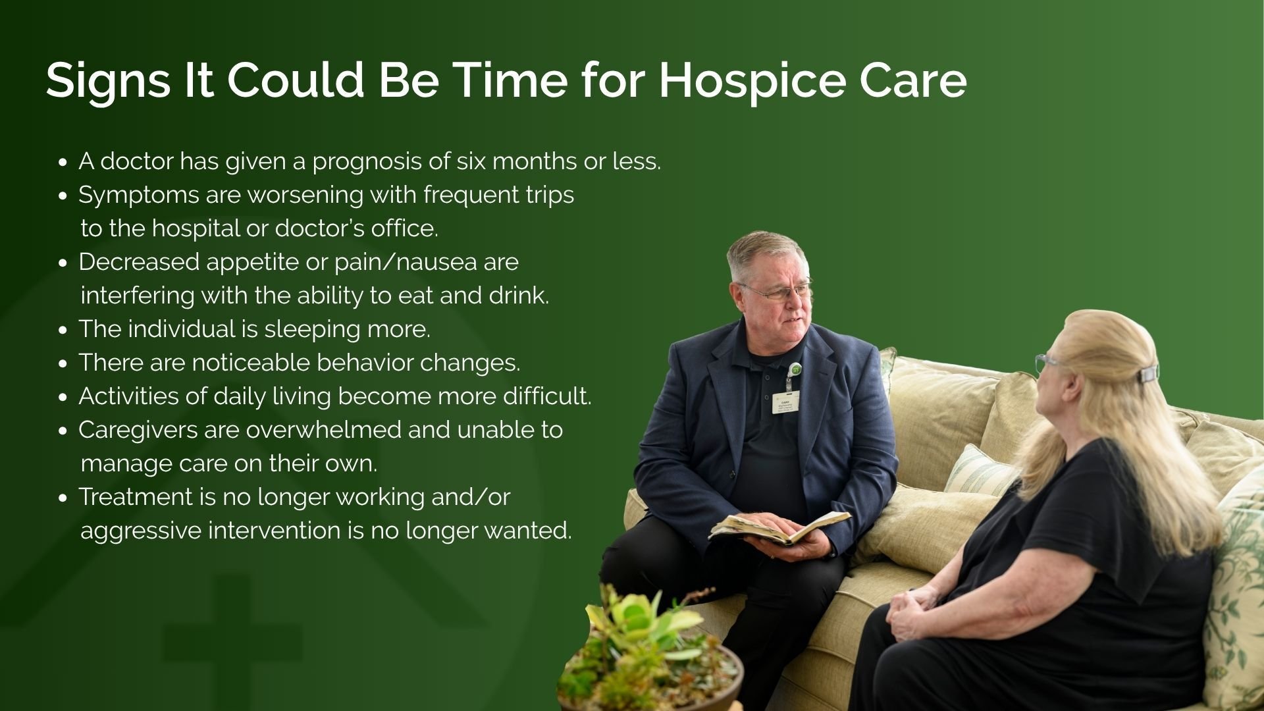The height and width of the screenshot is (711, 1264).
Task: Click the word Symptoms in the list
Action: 138,195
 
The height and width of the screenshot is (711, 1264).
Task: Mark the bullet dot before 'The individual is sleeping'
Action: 63,330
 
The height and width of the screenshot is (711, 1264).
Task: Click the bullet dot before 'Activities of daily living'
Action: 63,397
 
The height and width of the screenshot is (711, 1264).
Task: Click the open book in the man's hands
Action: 780,527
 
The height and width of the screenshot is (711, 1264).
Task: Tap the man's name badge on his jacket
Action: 785,401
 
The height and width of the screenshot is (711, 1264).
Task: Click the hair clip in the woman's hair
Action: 1149,374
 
